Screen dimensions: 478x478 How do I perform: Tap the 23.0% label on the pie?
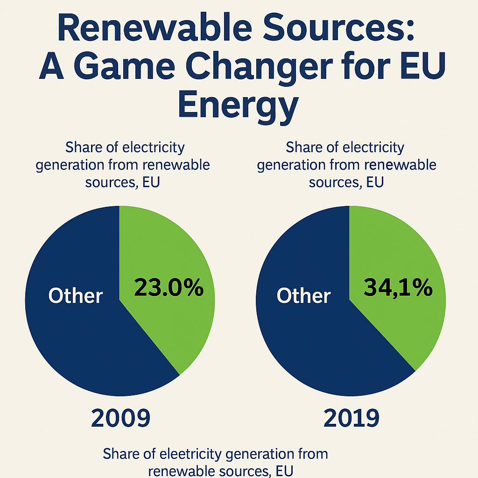click(169, 288)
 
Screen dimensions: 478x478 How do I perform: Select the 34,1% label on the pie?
click(398, 288)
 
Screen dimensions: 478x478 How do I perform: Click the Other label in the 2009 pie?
click(76, 296)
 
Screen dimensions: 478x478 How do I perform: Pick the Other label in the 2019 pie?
click(304, 296)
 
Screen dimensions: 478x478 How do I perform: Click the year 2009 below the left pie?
click(120, 418)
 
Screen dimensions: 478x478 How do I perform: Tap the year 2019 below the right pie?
click(351, 418)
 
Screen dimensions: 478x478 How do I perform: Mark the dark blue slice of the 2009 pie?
click(84, 345)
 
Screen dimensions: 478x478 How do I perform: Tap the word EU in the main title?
click(424, 69)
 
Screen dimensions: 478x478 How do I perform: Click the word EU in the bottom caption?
click(284, 471)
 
